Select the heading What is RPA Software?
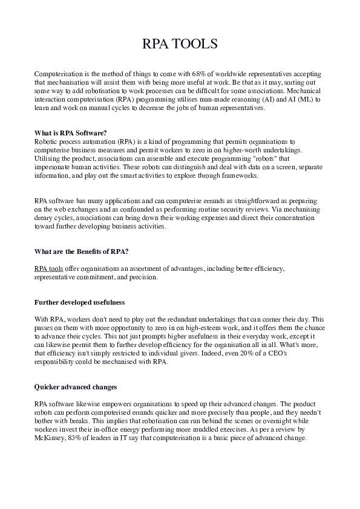pos(71,132)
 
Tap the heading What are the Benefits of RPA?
pos(82,251)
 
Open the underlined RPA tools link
pos(48,268)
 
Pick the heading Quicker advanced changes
pos(76,386)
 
